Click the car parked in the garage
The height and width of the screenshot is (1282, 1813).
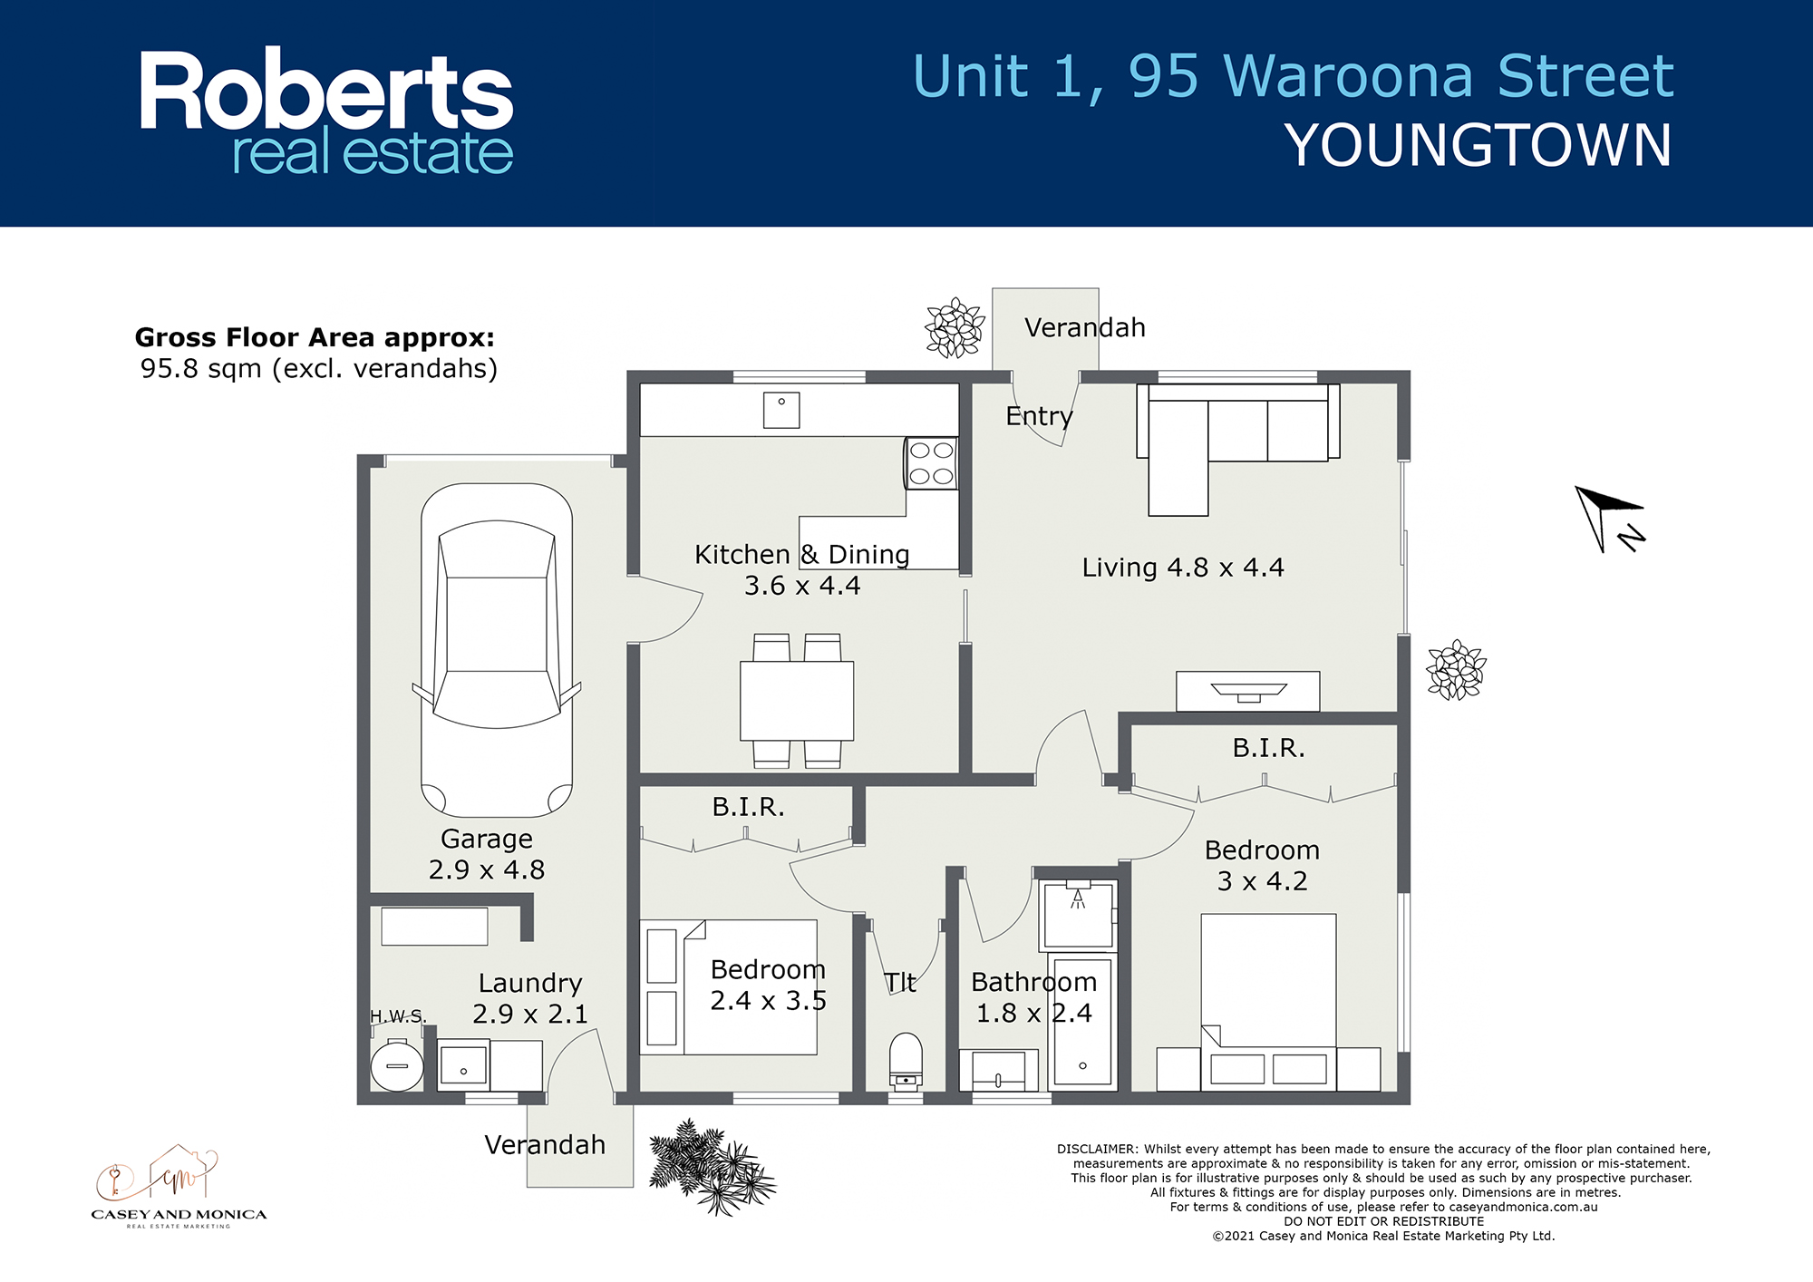497,649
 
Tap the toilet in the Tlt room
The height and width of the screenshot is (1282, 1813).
906,1061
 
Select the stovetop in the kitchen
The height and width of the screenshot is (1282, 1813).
931,463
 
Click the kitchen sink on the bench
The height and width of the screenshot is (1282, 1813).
781,410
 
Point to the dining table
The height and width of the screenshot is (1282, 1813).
797,701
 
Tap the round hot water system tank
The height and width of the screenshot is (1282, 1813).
397,1066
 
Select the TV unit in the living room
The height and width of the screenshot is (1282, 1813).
1248,692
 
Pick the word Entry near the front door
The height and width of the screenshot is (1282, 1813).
1039,416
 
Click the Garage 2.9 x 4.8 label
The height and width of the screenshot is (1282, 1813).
487,854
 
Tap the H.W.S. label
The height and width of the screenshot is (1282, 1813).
398,1016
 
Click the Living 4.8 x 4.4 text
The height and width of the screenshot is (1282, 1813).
1183,568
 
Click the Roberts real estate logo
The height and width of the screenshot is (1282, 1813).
326,112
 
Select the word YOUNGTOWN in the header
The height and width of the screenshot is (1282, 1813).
1479,146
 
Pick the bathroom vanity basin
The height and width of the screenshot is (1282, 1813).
998,1072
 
